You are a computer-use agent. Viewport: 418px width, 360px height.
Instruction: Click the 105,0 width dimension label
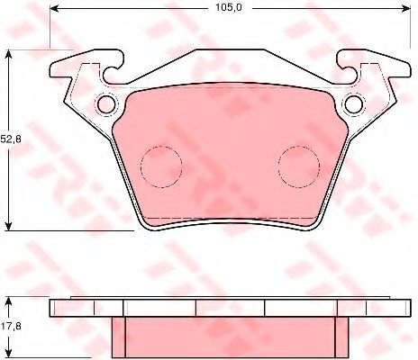(x=228, y=8)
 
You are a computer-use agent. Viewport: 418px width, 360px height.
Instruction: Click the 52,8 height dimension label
(x=11, y=139)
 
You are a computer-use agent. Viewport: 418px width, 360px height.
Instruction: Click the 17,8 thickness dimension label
(x=11, y=326)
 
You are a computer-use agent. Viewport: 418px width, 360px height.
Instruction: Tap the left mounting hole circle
(x=106, y=104)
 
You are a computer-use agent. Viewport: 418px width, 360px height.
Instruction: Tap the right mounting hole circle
(x=354, y=104)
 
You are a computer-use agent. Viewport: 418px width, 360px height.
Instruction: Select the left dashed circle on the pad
(x=161, y=166)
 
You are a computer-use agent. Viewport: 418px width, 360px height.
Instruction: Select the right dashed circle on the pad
(x=299, y=166)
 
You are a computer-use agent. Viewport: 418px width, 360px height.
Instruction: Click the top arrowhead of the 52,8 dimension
(x=9, y=54)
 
